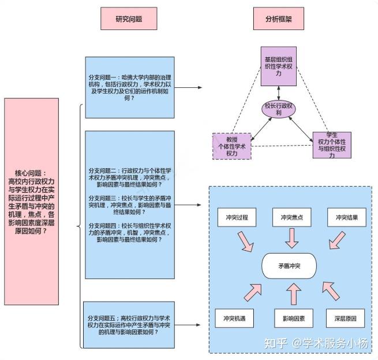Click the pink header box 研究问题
129,18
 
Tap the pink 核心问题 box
32,201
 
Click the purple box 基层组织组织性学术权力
278,67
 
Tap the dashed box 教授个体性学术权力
232,146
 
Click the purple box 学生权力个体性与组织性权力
331,144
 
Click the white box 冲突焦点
293,218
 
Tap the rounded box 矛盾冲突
289,266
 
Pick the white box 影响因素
293,318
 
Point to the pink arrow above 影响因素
293,295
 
